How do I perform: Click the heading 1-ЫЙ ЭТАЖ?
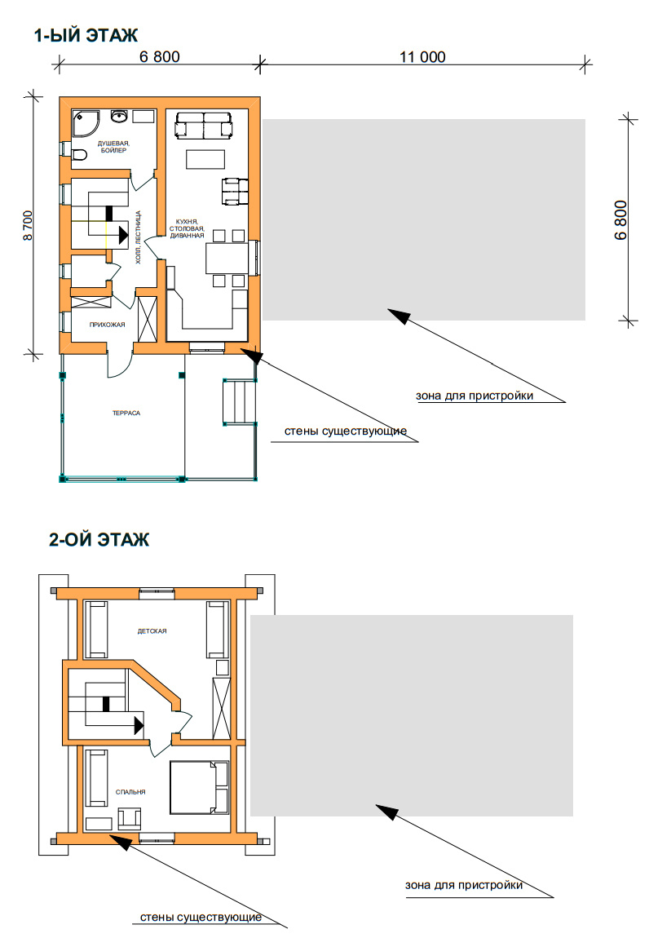tap(86, 36)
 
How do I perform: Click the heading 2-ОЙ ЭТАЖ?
tap(99, 540)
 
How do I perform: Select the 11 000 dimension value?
tap(422, 57)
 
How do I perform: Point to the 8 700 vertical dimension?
tap(28, 225)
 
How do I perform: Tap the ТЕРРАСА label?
tap(126, 413)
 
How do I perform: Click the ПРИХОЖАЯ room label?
tap(107, 325)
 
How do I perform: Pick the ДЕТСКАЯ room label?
tap(152, 631)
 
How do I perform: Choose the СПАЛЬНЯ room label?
tap(130, 792)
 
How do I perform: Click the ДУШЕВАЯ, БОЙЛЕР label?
tap(113, 147)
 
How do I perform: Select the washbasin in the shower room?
tap(119, 116)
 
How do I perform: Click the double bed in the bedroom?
tap(199, 787)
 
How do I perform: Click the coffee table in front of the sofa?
tap(205, 160)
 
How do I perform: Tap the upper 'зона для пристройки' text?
tap(475, 396)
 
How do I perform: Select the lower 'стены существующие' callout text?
tap(201, 917)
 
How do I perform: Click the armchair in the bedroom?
tap(129, 818)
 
